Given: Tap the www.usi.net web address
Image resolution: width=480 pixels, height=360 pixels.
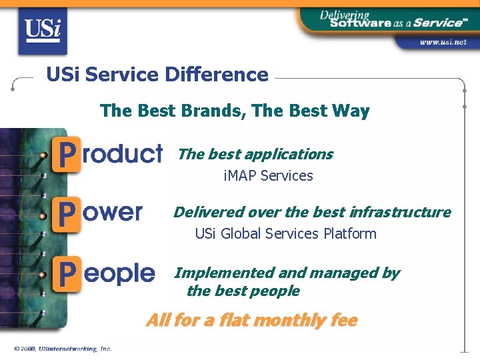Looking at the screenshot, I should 443,41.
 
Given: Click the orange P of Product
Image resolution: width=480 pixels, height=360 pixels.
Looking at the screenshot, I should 67,153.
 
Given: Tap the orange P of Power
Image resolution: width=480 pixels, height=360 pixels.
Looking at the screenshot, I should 67,213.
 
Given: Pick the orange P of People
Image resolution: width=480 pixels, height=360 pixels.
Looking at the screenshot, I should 67,273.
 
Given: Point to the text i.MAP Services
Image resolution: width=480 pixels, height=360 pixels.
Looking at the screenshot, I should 268,176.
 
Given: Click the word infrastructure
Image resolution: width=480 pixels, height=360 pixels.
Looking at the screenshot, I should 399,212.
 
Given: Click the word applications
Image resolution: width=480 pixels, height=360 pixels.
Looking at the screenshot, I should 289,154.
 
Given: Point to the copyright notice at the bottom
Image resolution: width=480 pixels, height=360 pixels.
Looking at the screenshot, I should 63,349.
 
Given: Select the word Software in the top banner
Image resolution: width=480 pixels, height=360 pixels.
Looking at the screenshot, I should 360,23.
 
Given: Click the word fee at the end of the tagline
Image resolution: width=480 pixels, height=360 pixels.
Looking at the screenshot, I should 344,321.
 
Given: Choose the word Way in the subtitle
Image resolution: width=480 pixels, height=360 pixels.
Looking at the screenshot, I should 352,111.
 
